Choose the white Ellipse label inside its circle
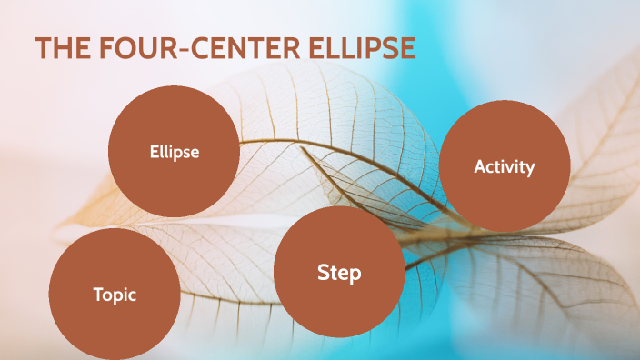(175, 152)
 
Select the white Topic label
(115, 294)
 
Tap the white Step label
(339, 272)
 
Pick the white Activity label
(505, 166)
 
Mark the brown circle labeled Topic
(114, 318)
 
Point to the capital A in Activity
(480, 166)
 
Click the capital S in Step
(323, 272)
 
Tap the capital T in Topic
(98, 294)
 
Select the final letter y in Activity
(531, 168)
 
